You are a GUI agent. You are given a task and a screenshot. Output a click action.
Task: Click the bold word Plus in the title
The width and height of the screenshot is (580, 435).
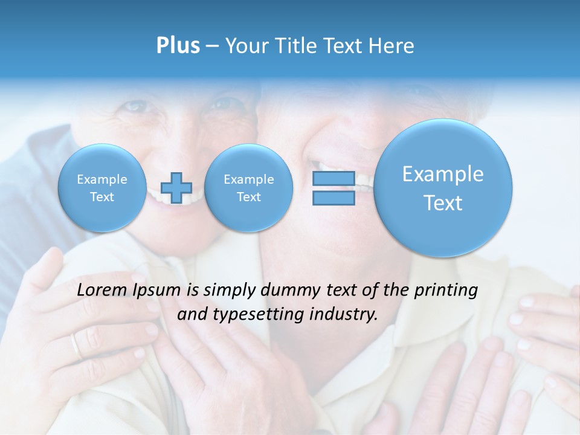tap(178, 46)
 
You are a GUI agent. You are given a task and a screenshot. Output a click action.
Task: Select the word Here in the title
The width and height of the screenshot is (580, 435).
tap(392, 46)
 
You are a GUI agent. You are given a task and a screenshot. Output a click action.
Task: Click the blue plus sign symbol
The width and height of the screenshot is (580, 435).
tap(176, 187)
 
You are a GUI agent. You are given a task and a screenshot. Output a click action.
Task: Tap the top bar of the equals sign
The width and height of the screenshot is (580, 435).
tap(333, 178)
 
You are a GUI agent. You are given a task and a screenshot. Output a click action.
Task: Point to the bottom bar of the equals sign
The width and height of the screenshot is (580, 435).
tap(333, 198)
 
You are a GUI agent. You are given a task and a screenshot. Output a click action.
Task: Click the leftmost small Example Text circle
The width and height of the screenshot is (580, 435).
tap(101, 188)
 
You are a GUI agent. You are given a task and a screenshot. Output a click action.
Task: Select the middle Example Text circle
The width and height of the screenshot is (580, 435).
tap(248, 188)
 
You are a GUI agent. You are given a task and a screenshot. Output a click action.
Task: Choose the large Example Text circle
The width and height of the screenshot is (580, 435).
tap(443, 188)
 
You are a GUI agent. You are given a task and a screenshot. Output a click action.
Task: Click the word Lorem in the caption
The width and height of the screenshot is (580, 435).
tap(102, 291)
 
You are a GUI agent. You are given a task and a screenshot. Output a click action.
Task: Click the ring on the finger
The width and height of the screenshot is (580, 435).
tap(76, 346)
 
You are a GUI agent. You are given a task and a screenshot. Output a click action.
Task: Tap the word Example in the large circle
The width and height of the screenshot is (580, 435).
tap(443, 174)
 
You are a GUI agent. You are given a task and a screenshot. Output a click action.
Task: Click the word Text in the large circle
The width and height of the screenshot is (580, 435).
tap(443, 203)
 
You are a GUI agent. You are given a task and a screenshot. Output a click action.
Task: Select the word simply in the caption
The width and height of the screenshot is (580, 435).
tap(227, 291)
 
